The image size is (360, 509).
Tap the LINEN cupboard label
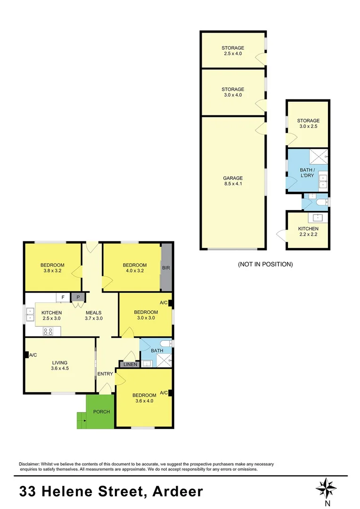[130, 364]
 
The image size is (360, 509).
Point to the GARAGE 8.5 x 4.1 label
[233, 181]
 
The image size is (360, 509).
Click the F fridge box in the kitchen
[63, 297]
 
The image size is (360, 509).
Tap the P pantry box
[78, 297]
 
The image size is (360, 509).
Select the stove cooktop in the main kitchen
[48, 331]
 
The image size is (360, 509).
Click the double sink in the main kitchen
[30, 314]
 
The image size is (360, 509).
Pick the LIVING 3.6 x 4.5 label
[60, 366]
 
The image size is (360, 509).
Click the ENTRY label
[105, 374]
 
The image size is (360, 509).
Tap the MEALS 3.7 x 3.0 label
[93, 315]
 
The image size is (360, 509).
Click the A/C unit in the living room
[27, 355]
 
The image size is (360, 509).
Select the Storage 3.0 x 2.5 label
[308, 124]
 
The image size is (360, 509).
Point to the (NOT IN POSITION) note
[265, 264]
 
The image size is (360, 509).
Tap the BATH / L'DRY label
[308, 172]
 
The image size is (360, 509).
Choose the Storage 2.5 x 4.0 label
[233, 50]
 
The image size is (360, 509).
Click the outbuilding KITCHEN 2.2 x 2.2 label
[308, 231]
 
